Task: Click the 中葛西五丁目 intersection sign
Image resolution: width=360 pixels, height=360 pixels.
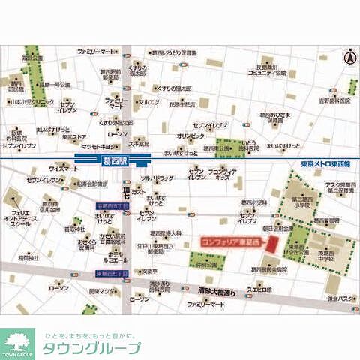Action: tap(112, 205)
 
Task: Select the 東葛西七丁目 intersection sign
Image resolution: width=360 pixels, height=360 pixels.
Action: tap(112, 274)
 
